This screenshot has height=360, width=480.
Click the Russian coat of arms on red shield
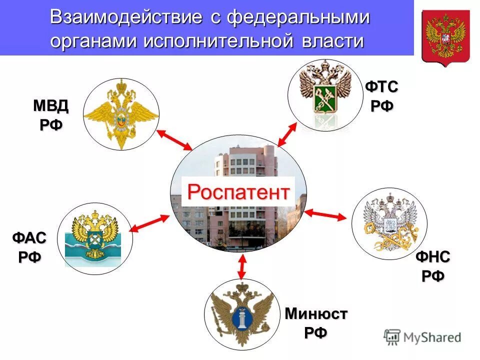445,37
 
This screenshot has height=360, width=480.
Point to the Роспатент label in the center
238,191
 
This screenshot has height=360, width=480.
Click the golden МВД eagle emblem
121,114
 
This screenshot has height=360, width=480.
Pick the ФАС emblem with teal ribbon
95,239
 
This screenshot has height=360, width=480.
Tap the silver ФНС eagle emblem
389,223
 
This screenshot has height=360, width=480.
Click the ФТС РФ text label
381,96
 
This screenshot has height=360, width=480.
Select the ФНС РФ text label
433,266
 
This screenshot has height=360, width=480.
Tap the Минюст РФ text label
316,323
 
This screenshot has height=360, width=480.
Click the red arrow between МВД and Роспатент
174,140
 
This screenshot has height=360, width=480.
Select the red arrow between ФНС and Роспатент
325,214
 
